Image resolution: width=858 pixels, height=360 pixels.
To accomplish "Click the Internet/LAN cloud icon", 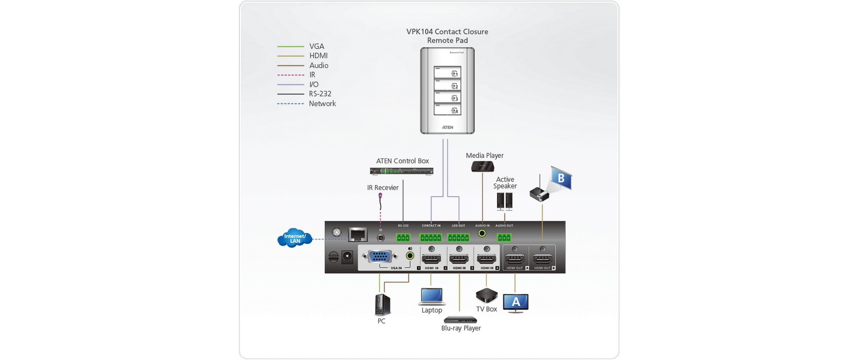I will [295, 238].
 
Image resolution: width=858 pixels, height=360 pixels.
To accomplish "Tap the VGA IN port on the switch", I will [379, 257].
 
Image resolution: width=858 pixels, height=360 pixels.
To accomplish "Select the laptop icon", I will [432, 296].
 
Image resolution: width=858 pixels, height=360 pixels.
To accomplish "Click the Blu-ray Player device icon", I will [460, 320].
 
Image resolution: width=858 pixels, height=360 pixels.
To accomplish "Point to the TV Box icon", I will [486, 295].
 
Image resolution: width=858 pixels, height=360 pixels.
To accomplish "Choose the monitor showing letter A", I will [515, 303].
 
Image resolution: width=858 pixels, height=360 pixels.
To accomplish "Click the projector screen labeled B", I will [561, 178].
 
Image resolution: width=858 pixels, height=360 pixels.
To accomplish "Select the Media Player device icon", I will [482, 167].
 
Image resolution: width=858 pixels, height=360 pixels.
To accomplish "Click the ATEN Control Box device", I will [401, 171].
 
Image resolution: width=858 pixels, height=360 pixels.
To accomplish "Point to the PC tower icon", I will [383, 304].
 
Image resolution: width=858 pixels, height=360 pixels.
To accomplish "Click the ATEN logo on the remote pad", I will [448, 128].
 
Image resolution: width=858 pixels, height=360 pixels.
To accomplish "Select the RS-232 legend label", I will [320, 94].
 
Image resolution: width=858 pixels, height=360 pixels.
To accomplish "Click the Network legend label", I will [322, 104].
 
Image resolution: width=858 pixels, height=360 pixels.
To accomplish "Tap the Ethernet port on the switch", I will [357, 235].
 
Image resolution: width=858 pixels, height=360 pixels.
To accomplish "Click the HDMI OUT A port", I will [515, 259].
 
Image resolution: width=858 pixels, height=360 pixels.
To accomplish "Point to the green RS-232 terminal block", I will [403, 238].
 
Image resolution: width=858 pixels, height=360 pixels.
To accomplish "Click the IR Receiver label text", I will [383, 187].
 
